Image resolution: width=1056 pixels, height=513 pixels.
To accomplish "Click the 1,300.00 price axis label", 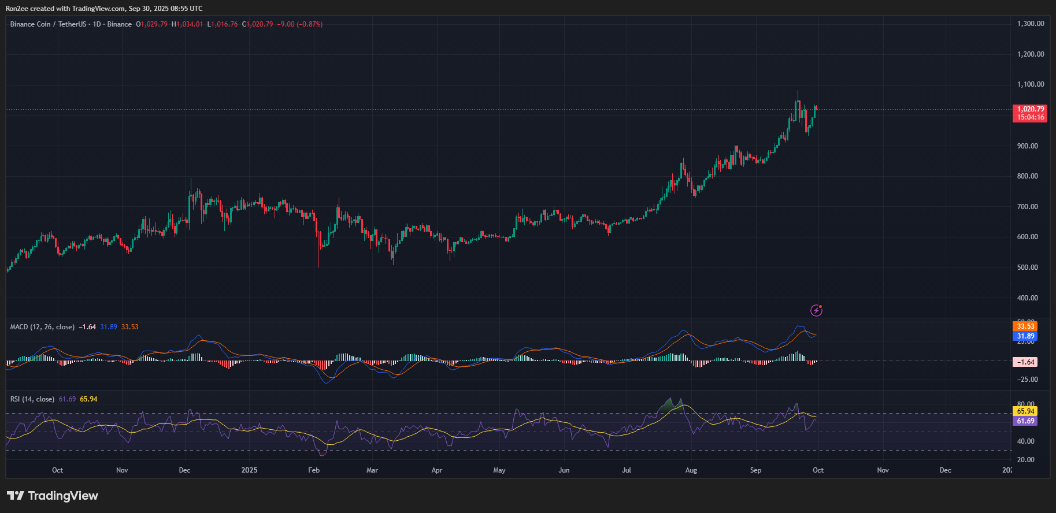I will tap(1030, 24).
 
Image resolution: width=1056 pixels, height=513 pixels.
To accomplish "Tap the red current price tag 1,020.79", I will tap(1031, 109).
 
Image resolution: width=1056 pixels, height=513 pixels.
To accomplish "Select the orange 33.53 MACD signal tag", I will tap(1025, 326).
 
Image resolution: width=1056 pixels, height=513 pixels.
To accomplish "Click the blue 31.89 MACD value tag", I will tap(1025, 336).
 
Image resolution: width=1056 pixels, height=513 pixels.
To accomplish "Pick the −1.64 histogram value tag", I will tap(1025, 362).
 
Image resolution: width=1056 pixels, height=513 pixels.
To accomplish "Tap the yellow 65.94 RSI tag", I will tap(1025, 411).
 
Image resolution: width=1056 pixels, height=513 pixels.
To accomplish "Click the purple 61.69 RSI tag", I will tap(1025, 421).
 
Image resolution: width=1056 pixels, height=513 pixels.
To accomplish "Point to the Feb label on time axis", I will tap(314, 470).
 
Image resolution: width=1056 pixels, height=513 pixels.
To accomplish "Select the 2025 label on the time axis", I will tap(249, 470).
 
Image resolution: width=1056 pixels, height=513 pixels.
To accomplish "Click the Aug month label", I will tap(691, 470).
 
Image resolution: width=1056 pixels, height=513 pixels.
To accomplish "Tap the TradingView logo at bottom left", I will tap(53, 496).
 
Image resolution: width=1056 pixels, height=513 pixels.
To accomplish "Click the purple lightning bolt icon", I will tap(816, 311).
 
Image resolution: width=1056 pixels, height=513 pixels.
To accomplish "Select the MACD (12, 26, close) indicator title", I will tap(42, 327).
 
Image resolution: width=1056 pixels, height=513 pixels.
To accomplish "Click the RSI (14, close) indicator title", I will tap(32, 399).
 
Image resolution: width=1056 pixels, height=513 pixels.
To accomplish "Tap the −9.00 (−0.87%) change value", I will tap(300, 24).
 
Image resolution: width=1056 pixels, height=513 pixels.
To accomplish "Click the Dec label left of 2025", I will tap(184, 470).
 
